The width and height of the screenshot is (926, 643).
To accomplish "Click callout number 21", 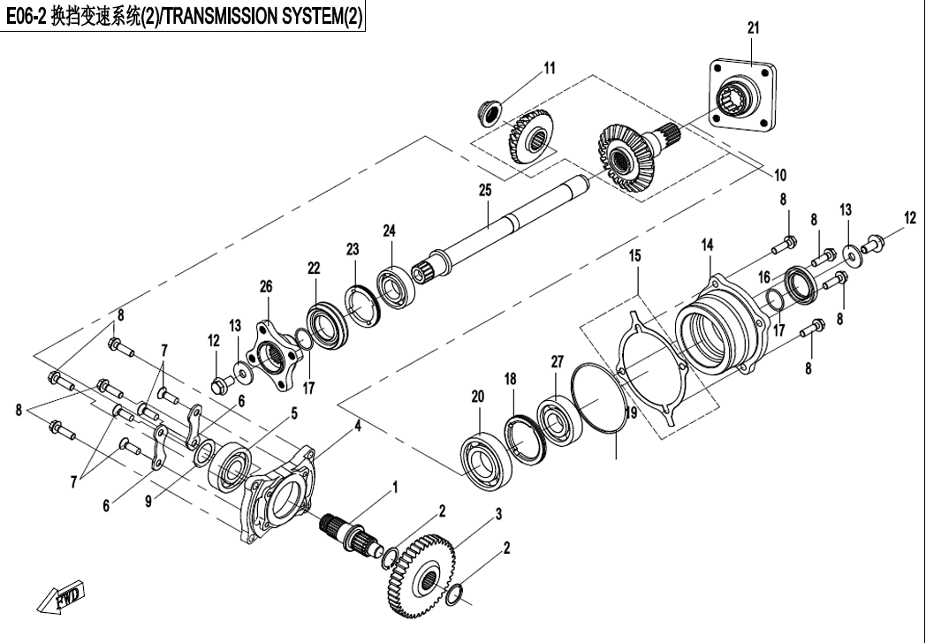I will pos(752,28).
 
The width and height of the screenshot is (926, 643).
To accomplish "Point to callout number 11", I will pos(550,67).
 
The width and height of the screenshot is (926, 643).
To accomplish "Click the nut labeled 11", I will pos(487,111).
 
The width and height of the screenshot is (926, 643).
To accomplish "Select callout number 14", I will pos(707,244).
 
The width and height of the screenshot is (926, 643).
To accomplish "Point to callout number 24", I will pos(389,231).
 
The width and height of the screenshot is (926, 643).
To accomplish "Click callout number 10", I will pos(780,174).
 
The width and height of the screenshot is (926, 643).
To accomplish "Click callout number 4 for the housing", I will pos(359,425).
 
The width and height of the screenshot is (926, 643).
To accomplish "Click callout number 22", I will pos(314,268).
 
